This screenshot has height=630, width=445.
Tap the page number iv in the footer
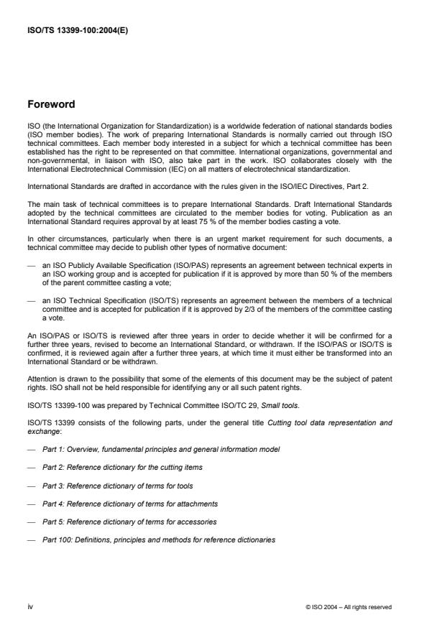(x=31, y=606)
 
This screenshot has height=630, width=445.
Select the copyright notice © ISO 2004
(x=349, y=606)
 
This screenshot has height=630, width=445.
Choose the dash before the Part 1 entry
(x=32, y=449)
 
